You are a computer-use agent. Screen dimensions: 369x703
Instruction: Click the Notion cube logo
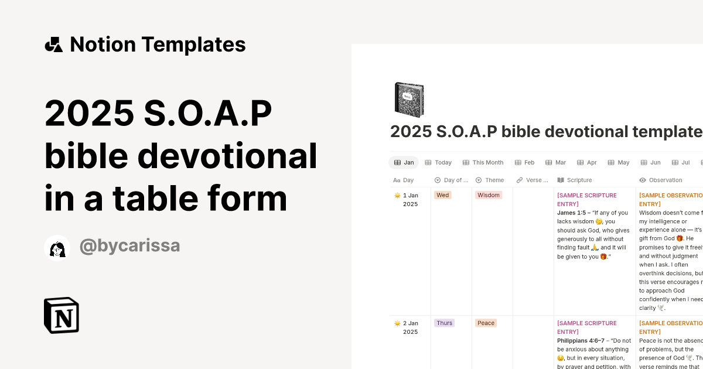pos(62,315)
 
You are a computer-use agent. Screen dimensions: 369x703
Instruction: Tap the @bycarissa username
pos(129,247)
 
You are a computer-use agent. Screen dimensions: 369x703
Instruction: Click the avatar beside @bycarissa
pos(57,248)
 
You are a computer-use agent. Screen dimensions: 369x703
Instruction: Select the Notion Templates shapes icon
pos(54,45)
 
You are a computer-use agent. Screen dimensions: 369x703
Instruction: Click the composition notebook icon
pos(409,100)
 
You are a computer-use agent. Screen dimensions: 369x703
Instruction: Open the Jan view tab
pos(404,162)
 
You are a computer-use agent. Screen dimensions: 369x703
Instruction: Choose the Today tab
pos(438,162)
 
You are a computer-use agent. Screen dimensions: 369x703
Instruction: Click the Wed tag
pos(443,195)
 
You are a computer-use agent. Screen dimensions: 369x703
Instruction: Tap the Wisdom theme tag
pos(488,195)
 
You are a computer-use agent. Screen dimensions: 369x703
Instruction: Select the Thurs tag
pos(444,323)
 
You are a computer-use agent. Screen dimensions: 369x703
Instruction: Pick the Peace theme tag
pos(486,323)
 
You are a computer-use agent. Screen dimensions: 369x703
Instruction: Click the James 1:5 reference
pos(571,213)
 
